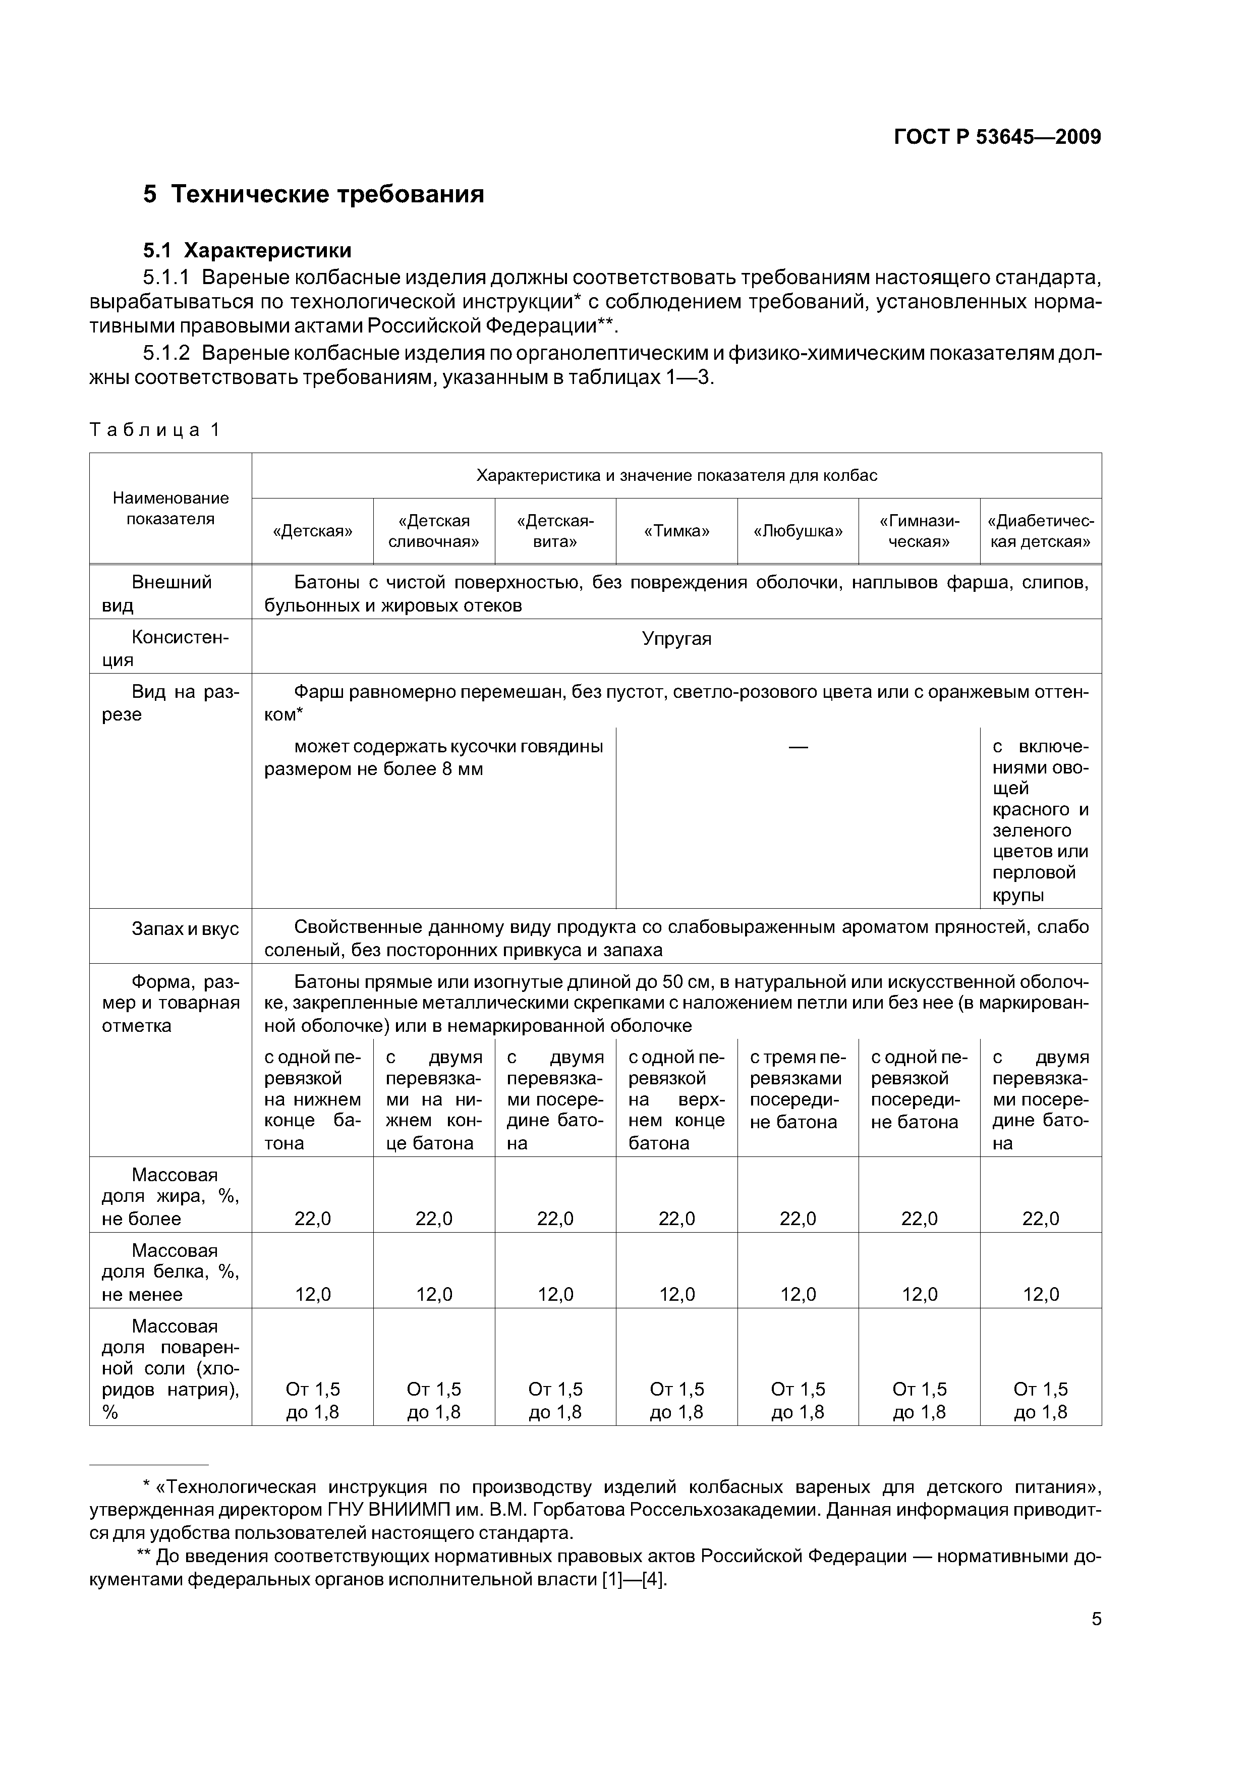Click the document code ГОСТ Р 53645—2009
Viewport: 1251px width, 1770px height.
997,137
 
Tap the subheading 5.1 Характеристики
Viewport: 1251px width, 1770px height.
247,251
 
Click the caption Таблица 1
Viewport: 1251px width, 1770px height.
155,430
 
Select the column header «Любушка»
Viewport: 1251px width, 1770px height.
798,531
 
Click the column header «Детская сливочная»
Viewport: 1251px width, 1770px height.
434,531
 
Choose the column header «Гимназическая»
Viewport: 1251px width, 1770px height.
919,531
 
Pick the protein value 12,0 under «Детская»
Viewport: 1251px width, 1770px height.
313,1294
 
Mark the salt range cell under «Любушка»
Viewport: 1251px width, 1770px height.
798,1401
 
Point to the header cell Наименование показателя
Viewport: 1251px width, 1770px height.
170,508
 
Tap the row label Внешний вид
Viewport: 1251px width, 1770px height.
170,593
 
